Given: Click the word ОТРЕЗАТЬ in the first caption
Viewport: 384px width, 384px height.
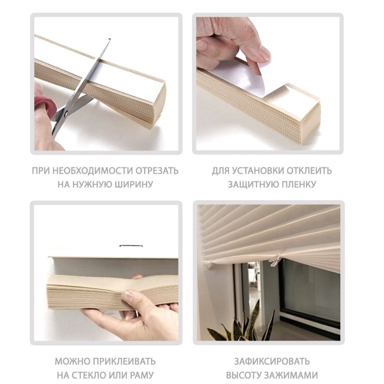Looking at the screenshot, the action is [x=157, y=171].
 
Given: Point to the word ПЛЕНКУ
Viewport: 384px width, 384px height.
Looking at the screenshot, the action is [x=296, y=184].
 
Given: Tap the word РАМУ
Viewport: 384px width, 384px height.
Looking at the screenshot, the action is [x=142, y=375].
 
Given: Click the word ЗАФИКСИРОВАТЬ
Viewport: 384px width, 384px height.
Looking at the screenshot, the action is [x=272, y=362].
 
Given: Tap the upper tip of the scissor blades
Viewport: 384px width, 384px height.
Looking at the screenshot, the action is [x=109, y=39].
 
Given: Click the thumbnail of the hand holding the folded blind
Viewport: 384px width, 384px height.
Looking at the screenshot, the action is [x=130, y=297].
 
